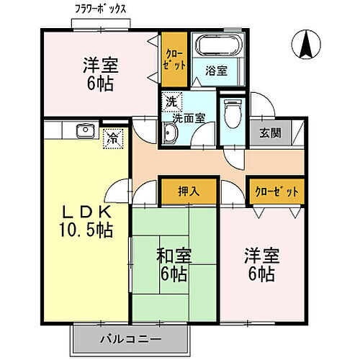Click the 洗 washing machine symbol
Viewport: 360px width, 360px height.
[171, 102]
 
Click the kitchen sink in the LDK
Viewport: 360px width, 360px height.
[84, 130]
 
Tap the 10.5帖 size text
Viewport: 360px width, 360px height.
[86, 230]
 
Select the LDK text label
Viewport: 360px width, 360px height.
[86, 212]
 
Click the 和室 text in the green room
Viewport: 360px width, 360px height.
[174, 256]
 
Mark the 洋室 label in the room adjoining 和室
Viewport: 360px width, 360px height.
[261, 256]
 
